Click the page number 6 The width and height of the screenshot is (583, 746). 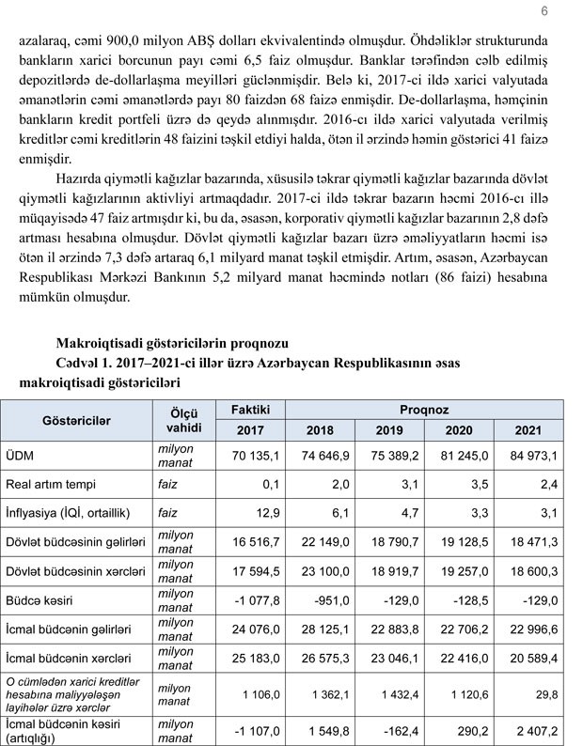(545, 10)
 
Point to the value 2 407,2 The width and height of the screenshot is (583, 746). (536, 729)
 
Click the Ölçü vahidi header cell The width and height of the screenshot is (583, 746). (179, 420)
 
